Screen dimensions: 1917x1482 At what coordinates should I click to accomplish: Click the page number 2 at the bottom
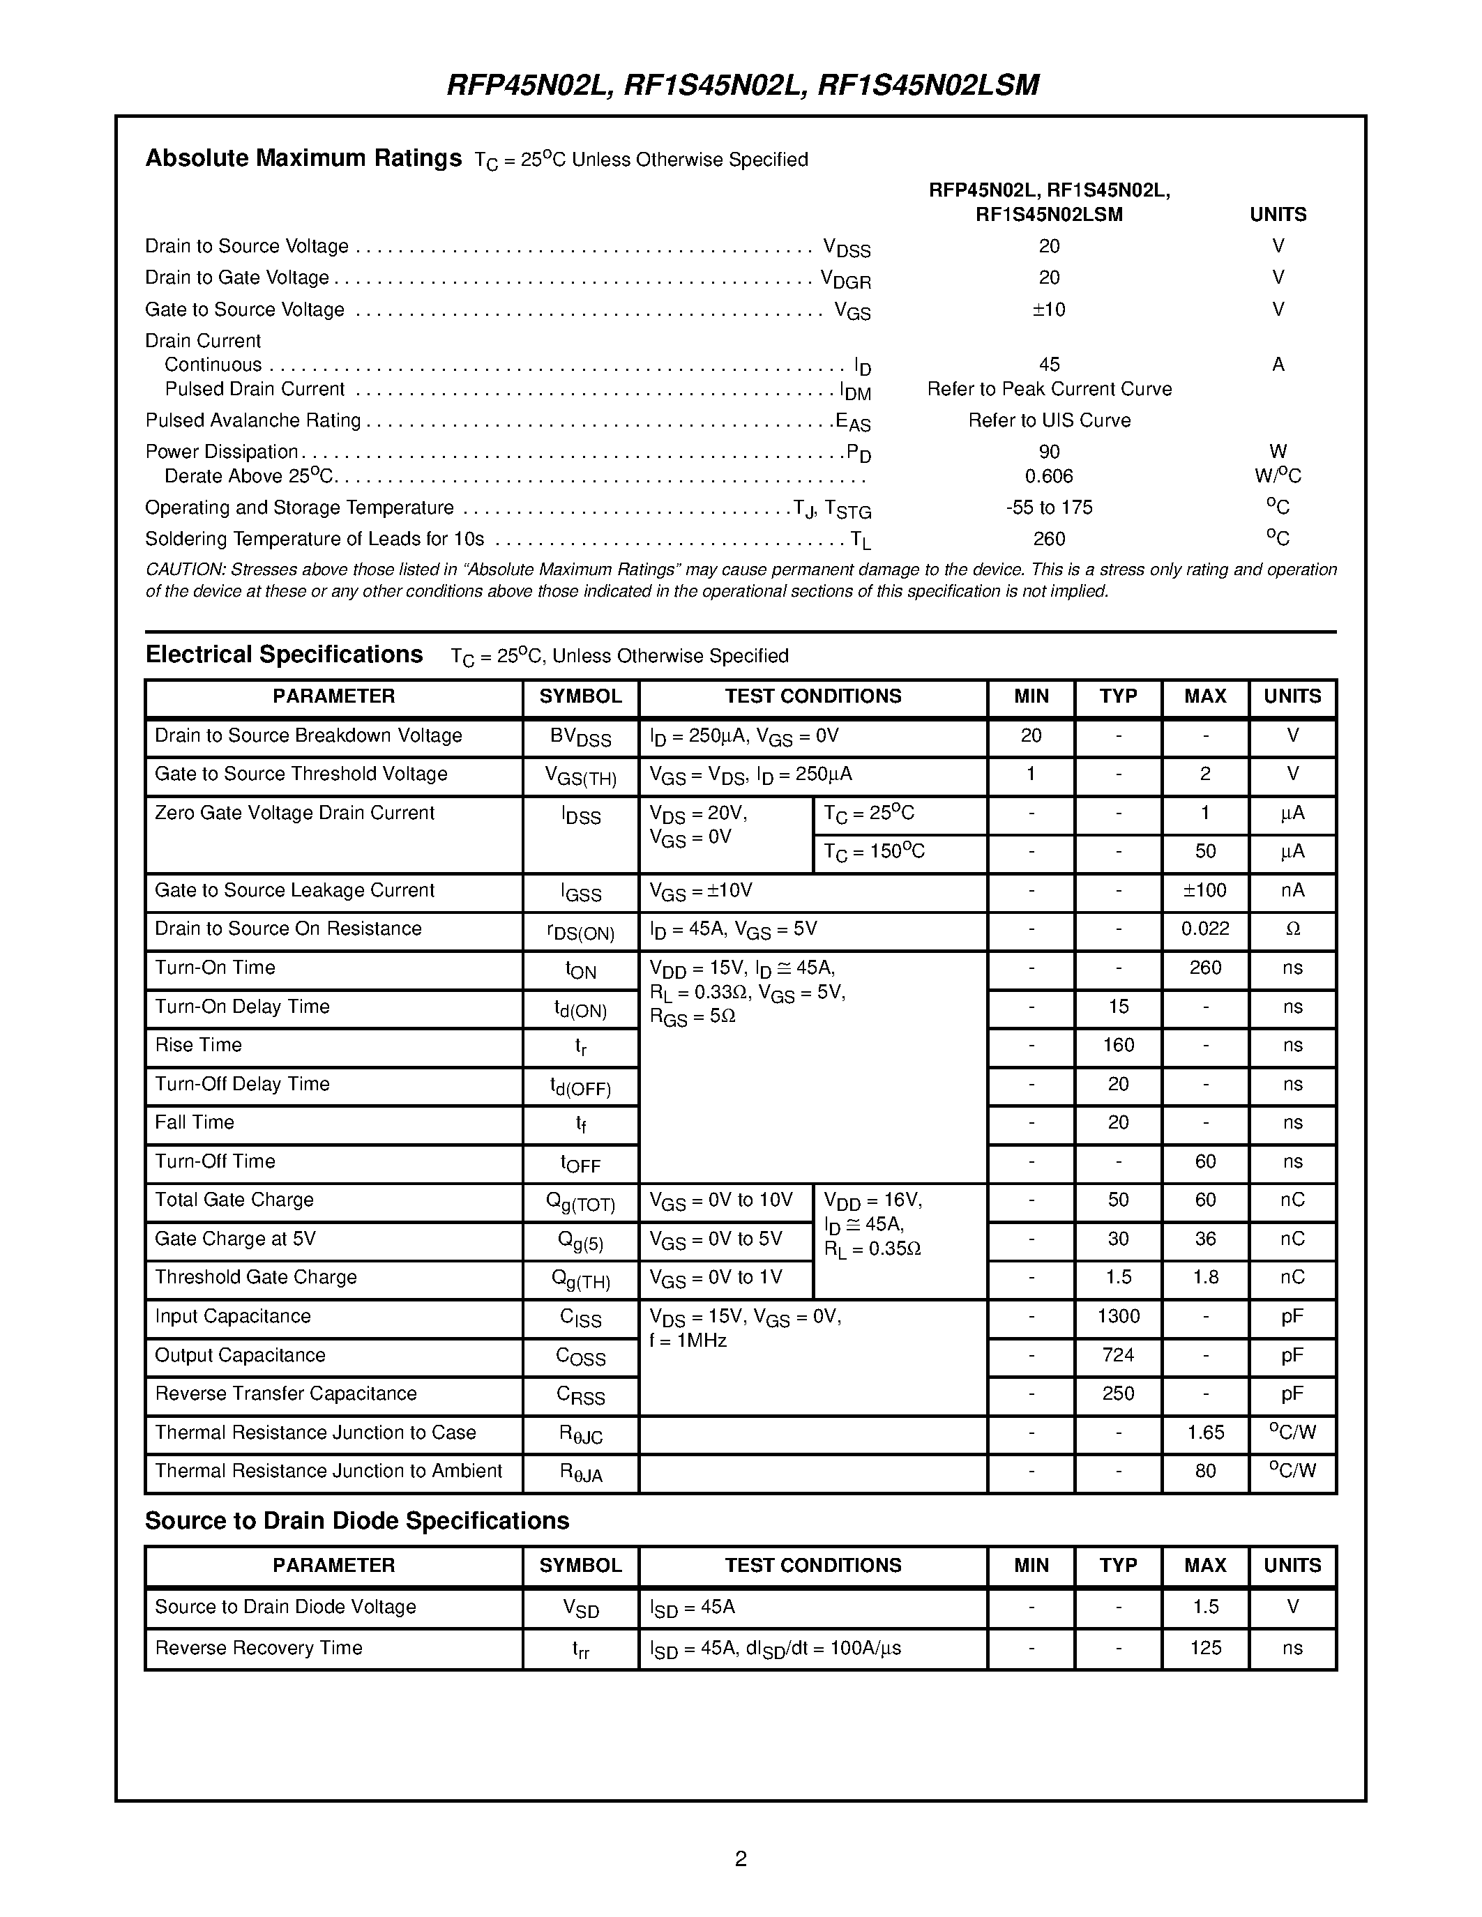(740, 1858)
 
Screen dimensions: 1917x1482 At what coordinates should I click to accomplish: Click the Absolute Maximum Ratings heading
(303, 158)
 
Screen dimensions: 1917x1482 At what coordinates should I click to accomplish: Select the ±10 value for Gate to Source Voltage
(1048, 309)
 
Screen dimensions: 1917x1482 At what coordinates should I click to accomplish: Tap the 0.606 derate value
(1048, 475)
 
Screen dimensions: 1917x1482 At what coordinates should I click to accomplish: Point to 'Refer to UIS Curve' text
(1048, 420)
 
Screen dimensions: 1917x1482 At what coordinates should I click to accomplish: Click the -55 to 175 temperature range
(1048, 507)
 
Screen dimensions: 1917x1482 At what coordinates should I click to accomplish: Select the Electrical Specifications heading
(284, 655)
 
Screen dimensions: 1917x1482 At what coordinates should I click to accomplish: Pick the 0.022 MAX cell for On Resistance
(1204, 929)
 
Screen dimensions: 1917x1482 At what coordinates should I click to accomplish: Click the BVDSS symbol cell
(580, 738)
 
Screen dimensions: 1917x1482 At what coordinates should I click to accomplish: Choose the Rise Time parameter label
(199, 1044)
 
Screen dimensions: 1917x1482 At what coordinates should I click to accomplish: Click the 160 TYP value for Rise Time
(1118, 1044)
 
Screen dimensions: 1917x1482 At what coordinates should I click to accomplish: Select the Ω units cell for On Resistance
(1292, 929)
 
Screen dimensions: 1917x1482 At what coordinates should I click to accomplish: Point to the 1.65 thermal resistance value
(1204, 1433)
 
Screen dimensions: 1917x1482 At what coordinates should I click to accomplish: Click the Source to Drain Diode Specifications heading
(356, 1521)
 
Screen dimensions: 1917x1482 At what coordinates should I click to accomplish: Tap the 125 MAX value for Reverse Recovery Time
(1204, 1647)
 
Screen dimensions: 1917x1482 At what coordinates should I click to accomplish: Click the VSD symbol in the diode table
(580, 1608)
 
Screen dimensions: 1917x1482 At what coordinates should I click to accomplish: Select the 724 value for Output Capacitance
(1118, 1355)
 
